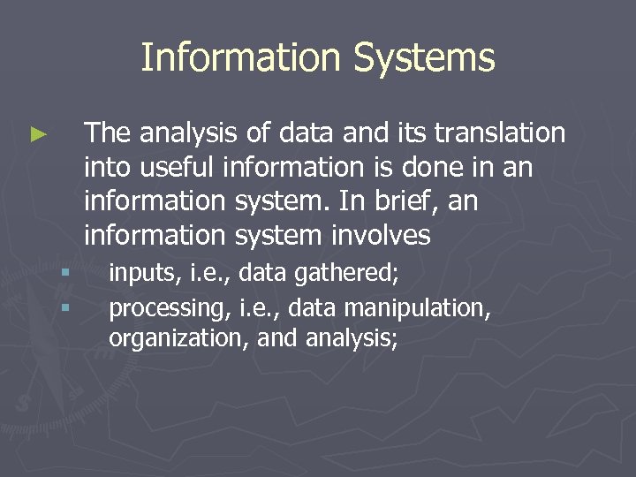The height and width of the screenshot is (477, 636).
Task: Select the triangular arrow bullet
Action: tap(38, 135)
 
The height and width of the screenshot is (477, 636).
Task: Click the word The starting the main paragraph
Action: tap(108, 132)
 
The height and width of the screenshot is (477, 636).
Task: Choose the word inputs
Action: tap(140, 274)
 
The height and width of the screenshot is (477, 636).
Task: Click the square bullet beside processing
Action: tap(64, 308)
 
